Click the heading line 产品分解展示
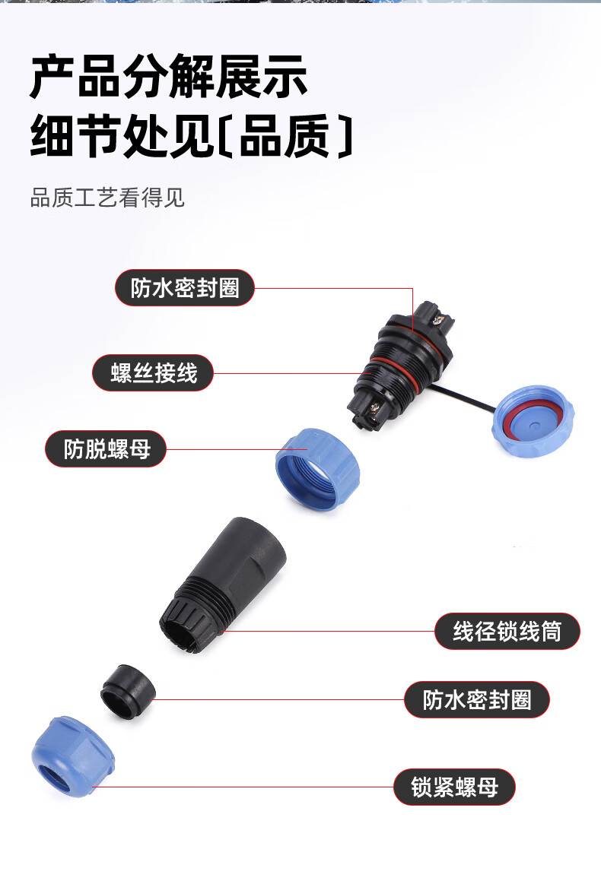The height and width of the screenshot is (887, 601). point(169,76)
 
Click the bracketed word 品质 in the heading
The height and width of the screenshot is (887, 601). point(285,136)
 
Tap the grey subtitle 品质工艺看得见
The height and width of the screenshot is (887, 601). point(107,198)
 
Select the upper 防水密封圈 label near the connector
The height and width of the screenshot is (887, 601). point(185,288)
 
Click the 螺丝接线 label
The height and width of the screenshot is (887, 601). point(153,372)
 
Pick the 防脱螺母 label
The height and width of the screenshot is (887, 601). point(106,449)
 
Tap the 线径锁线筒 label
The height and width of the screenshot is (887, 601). point(507,632)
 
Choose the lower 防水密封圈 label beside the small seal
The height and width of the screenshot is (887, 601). point(477,700)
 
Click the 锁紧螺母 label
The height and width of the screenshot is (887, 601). point(454,787)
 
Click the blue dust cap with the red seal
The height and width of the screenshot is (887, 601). point(532,422)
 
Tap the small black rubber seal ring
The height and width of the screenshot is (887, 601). point(128,691)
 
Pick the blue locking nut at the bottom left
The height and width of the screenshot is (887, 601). point(73,758)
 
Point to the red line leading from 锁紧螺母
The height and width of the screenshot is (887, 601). point(243,787)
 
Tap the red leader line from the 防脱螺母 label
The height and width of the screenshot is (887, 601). point(237,450)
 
